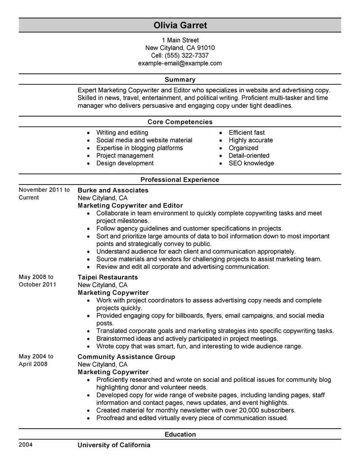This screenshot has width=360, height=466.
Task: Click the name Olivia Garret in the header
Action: click(x=180, y=25)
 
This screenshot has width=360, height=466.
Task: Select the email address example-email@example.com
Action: click(x=180, y=63)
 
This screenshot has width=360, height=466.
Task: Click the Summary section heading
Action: click(x=180, y=80)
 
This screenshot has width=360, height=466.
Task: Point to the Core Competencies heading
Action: click(x=180, y=122)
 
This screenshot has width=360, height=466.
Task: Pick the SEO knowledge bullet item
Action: click(x=251, y=163)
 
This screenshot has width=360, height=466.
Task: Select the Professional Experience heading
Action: click(x=180, y=180)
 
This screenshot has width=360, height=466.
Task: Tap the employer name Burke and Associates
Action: click(x=113, y=190)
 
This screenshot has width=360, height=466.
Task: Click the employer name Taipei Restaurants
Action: click(x=108, y=277)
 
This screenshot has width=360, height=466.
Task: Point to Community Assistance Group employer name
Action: click(x=126, y=357)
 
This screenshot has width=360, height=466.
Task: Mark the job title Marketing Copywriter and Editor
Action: click(x=130, y=205)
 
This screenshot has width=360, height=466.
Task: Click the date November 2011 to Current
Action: click(x=44, y=194)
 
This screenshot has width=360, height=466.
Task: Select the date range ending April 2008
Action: click(x=36, y=360)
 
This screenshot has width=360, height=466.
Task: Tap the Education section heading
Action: click(x=180, y=434)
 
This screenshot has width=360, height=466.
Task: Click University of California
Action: click(x=114, y=445)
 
